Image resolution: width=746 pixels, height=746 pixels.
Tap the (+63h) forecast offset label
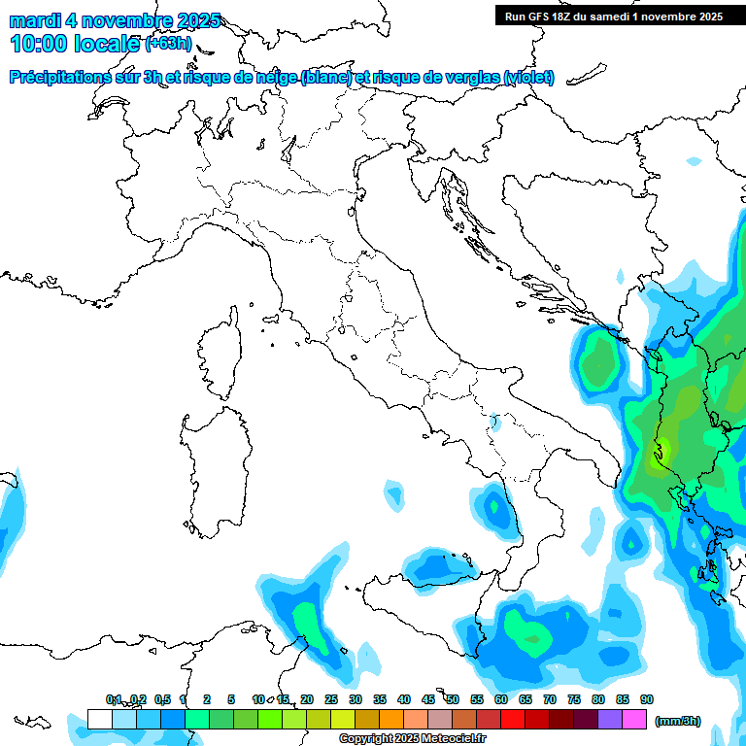(x=168, y=44)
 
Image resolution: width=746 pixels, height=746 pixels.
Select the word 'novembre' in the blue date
(x=125, y=20)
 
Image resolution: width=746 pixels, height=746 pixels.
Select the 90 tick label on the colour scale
(x=647, y=699)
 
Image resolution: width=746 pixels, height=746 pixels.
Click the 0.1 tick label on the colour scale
(x=114, y=699)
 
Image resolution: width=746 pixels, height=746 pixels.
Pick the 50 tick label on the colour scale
(x=453, y=699)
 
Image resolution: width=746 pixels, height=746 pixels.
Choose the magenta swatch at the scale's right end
(x=634, y=719)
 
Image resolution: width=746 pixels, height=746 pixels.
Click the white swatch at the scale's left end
(x=99, y=719)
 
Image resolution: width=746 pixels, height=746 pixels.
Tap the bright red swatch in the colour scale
(x=512, y=719)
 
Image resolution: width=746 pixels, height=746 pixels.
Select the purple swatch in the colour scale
(x=610, y=719)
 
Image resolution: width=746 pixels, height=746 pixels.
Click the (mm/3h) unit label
(x=678, y=721)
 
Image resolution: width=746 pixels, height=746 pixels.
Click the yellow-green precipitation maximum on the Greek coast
(x=661, y=451)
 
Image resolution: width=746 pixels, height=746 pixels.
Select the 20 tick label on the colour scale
(x=307, y=699)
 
